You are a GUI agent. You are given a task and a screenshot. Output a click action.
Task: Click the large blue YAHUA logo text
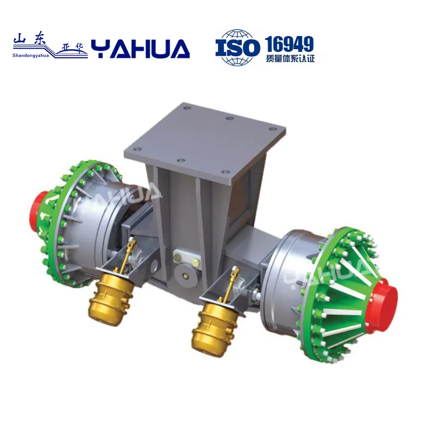click(x=140, y=49)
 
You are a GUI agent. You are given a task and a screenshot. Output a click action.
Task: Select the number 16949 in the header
click(x=289, y=43)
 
